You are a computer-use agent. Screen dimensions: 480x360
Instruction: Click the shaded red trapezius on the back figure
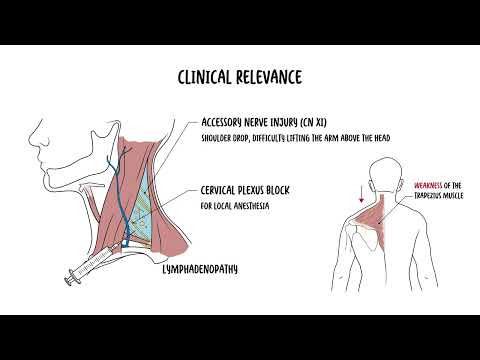point(381,212)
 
